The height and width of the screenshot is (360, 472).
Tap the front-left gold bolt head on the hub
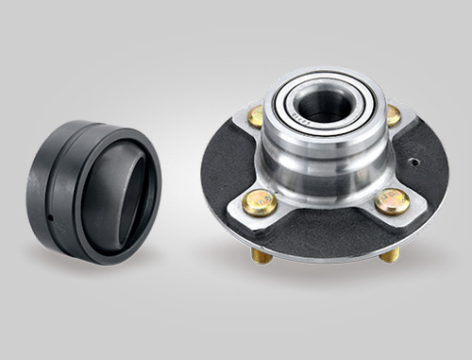(259, 201)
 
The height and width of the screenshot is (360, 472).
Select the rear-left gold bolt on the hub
(256, 115)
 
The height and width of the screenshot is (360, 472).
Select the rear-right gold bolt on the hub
(392, 114)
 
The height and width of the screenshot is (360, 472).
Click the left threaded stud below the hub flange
(261, 255)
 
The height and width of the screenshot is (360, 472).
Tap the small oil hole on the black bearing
(48, 222)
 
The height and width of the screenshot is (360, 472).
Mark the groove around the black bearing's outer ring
(59, 189)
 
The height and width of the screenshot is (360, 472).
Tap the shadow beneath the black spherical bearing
(94, 269)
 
